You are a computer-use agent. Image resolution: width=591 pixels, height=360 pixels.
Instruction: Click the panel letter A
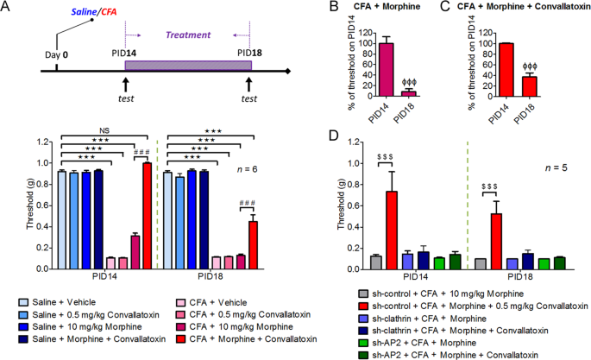tap(6, 8)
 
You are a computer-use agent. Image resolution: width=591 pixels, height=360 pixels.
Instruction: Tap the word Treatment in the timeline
tap(189, 35)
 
